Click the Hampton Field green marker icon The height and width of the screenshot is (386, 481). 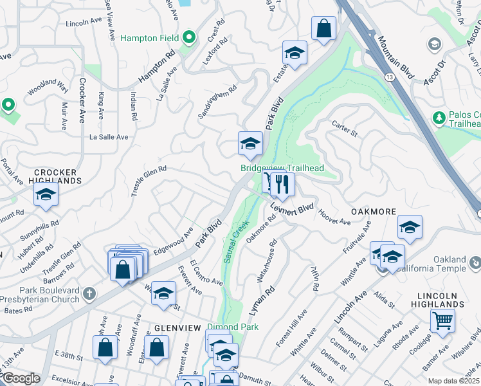(x=189, y=38)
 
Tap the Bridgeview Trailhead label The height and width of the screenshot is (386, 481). (x=282, y=168)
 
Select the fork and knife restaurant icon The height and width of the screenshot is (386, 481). (x=282, y=185)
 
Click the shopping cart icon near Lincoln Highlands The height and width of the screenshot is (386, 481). (x=442, y=320)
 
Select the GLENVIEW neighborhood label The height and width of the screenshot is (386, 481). (x=177, y=327)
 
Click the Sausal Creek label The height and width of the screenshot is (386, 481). (x=235, y=242)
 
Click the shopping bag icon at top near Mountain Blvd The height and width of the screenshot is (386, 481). (x=323, y=28)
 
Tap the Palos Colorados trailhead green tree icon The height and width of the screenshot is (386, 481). (x=439, y=118)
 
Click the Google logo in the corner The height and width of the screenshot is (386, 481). (x=21, y=379)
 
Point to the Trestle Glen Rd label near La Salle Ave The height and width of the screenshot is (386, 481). (x=149, y=177)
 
